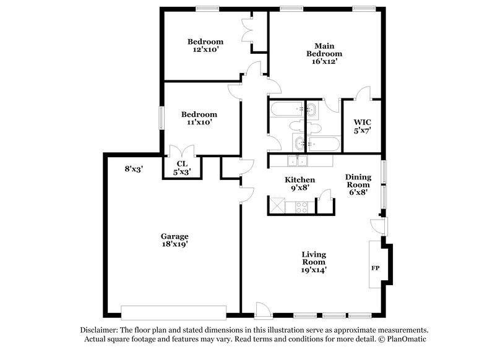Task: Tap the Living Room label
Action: click(x=314, y=262)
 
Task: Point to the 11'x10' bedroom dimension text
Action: click(x=199, y=123)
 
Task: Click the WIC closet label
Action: click(x=362, y=126)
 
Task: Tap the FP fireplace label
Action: click(x=375, y=269)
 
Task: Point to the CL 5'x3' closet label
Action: click(x=181, y=168)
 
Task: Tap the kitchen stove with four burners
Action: click(x=301, y=207)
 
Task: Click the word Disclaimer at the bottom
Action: click(x=99, y=330)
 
